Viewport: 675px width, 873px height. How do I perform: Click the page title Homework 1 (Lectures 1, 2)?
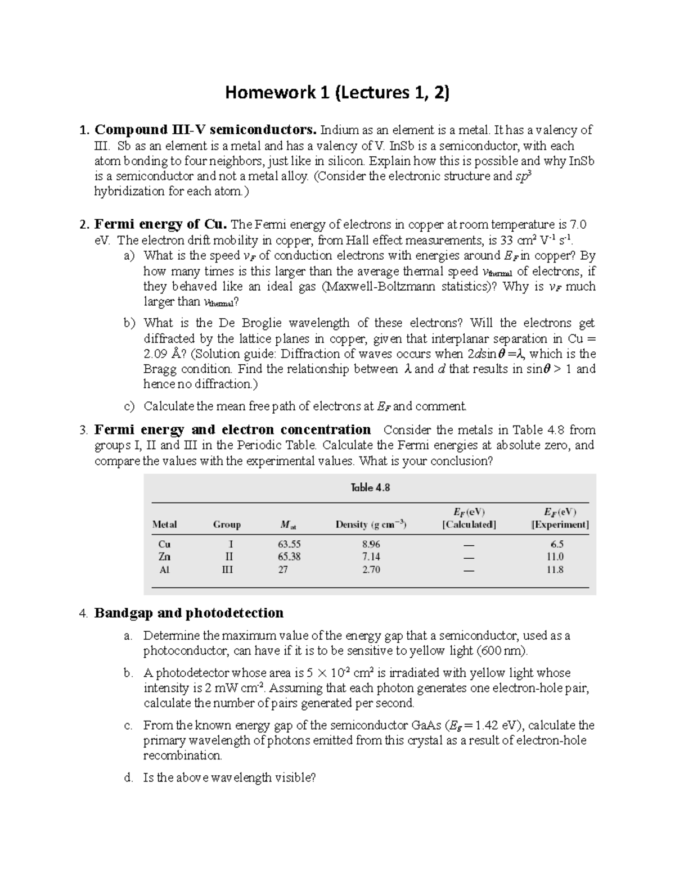click(337, 92)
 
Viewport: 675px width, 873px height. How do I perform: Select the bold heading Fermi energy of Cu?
click(160, 225)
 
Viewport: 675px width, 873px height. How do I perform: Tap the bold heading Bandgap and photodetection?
click(188, 613)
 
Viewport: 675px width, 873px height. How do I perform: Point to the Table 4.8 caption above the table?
click(370, 487)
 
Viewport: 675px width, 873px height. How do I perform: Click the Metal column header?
click(164, 524)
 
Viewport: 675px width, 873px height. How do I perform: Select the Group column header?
click(227, 524)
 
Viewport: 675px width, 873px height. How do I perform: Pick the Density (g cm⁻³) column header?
click(371, 524)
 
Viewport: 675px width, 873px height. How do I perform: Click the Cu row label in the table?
click(164, 544)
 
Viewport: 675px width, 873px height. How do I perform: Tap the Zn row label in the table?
click(164, 557)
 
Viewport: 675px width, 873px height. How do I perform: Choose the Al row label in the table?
click(164, 569)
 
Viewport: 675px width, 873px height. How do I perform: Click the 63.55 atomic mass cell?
click(289, 544)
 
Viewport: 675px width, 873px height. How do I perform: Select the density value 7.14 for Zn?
click(371, 557)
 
